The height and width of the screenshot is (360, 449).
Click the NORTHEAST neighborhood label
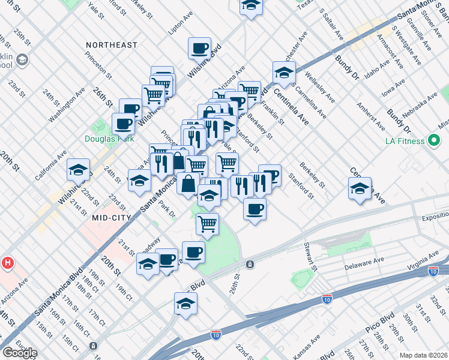(x=112, y=45)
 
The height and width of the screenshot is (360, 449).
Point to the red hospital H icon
(x=8, y=263)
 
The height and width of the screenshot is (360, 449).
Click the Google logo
(x=19, y=353)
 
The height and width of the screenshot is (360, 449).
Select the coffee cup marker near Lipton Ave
(x=199, y=48)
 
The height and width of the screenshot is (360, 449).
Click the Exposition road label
(x=435, y=218)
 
